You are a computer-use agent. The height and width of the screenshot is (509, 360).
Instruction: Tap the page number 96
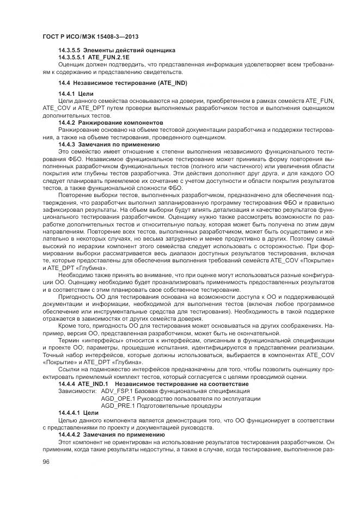pos(46,461)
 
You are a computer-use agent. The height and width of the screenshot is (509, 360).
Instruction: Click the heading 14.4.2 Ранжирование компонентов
pos(111,123)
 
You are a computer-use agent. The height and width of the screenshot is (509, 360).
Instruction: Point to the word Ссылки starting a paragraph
pos(70,370)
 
